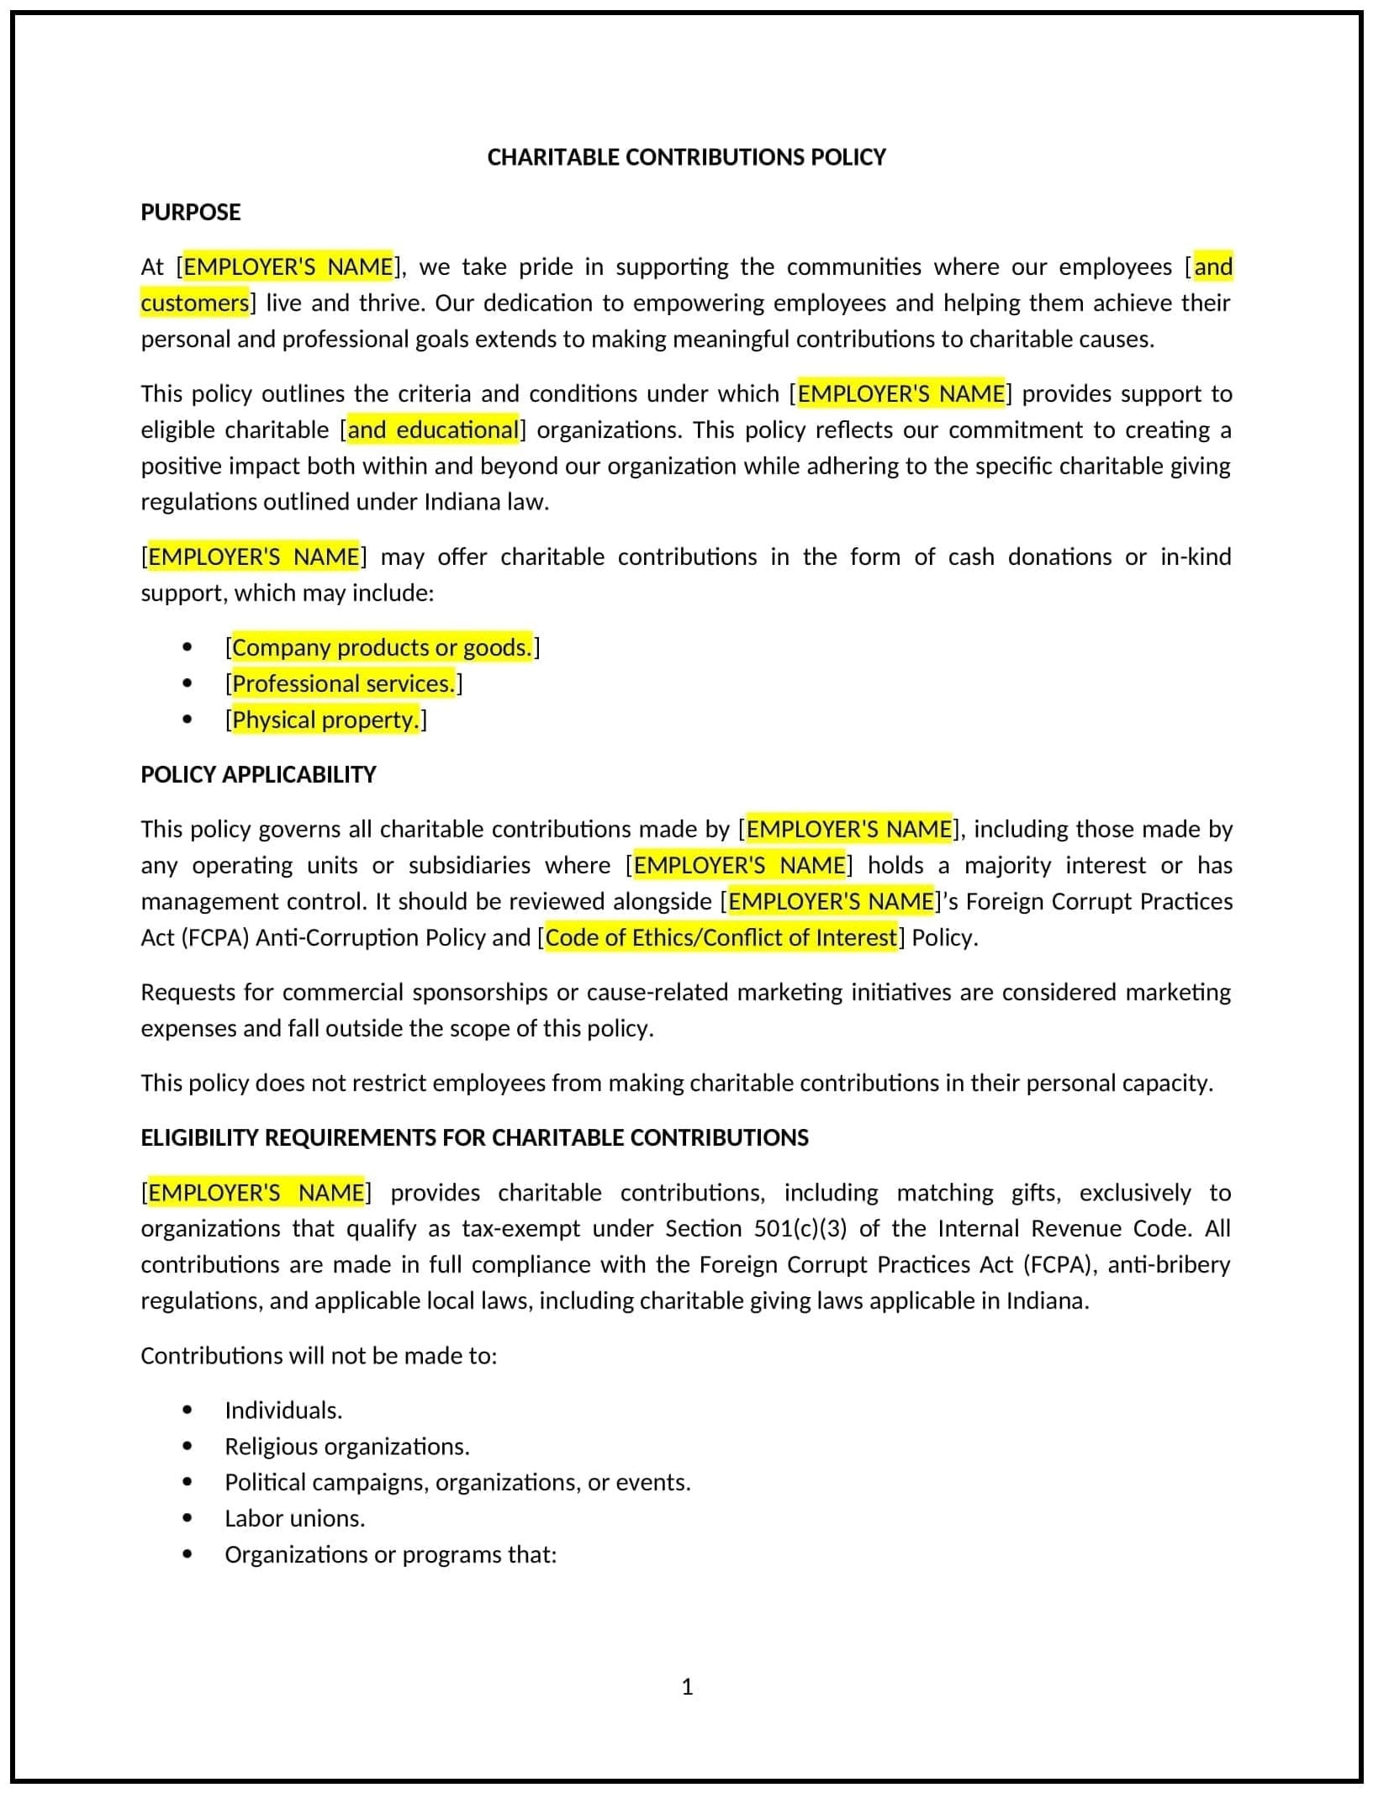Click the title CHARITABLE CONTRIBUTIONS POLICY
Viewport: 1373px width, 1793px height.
pos(686,157)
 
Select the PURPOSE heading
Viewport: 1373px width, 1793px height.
pos(190,212)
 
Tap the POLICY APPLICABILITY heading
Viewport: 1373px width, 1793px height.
pos(258,774)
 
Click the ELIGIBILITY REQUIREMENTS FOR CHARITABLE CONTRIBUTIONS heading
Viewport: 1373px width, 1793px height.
pos(474,1137)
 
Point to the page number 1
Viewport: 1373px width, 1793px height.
pos(687,1686)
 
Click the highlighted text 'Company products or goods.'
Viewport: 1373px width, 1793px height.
pos(382,647)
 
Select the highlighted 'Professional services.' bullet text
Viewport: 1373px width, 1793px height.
pos(343,683)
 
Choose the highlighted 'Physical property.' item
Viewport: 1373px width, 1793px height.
pos(325,720)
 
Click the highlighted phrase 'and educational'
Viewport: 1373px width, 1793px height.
pos(433,430)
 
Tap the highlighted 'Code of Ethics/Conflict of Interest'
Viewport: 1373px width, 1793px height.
pos(721,937)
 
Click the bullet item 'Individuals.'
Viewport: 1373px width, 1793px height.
pos(283,1410)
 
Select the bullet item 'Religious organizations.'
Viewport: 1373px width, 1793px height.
pos(346,1446)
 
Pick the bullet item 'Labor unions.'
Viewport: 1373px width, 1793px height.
pos(294,1518)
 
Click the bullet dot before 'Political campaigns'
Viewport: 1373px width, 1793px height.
pos(187,1482)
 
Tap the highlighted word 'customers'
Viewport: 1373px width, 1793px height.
pos(195,303)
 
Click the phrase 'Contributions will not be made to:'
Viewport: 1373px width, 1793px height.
pos(319,1355)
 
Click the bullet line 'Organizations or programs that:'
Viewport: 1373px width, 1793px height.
pos(390,1554)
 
